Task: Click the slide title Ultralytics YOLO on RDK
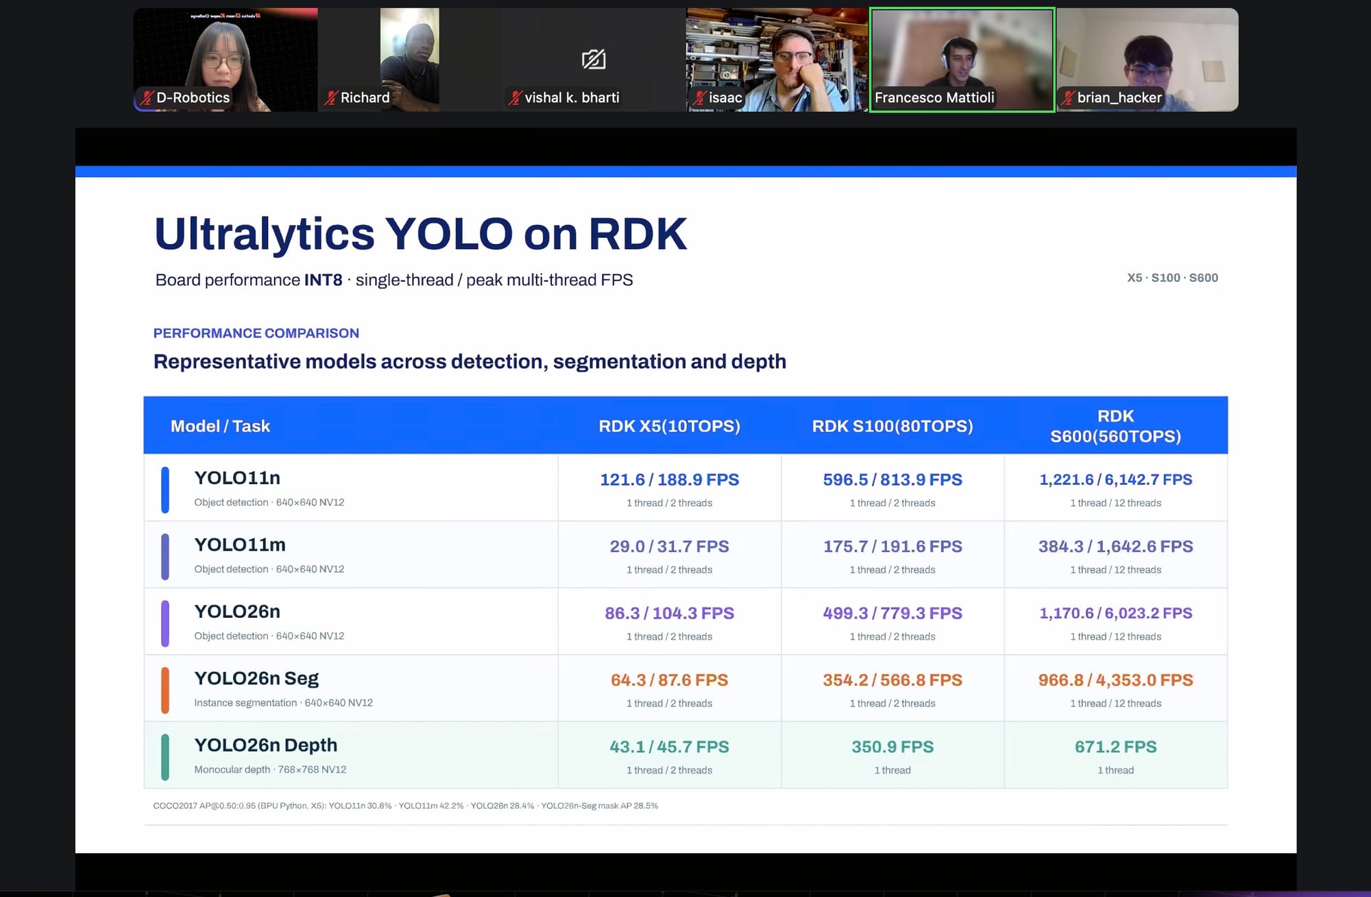(420, 234)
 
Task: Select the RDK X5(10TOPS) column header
(669, 426)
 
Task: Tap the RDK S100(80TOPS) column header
(893, 426)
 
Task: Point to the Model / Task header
(220, 426)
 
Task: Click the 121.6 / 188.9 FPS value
(669, 479)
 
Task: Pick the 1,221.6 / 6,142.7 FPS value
(1115, 479)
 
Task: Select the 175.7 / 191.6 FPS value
(893, 546)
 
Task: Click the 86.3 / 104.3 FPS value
(669, 612)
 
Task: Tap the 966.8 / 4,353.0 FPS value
(1115, 680)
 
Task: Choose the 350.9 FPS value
(893, 746)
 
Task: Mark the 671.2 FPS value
(1115, 746)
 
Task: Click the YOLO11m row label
(240, 545)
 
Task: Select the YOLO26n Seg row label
(256, 678)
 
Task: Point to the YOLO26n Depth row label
(266, 745)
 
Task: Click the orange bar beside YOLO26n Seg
(165, 691)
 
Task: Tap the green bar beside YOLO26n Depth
(165, 757)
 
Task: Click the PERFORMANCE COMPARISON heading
(256, 333)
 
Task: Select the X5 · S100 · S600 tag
(1172, 278)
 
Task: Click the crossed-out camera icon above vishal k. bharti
(594, 60)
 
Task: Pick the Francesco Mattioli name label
(934, 97)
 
